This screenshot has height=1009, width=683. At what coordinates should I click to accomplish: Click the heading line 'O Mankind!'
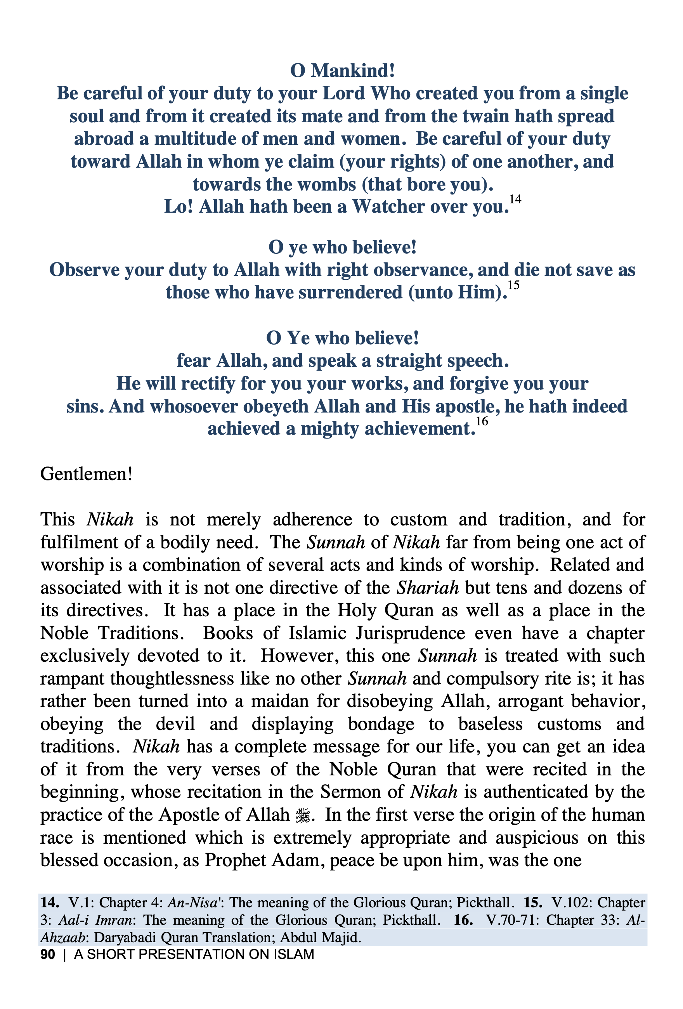[x=342, y=70]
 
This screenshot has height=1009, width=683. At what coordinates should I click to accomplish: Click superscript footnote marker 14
[x=515, y=199]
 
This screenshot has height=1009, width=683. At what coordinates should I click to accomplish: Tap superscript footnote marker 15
[x=514, y=285]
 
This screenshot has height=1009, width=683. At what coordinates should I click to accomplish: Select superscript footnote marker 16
[x=482, y=421]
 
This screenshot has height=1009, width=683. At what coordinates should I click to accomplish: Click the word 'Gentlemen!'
[x=86, y=474]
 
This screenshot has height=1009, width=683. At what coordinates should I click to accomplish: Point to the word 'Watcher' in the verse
[x=388, y=207]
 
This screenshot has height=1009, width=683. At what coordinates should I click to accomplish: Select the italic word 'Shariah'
[x=428, y=588]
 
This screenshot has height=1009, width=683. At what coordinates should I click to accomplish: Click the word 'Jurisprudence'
[x=410, y=633]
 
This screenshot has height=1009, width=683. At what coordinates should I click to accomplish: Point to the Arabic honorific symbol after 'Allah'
[x=302, y=815]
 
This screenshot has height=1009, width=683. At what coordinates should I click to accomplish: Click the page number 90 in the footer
[x=48, y=954]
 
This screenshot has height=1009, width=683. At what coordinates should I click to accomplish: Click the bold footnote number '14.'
[x=50, y=903]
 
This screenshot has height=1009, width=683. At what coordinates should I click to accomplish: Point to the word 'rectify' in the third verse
[x=208, y=384]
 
